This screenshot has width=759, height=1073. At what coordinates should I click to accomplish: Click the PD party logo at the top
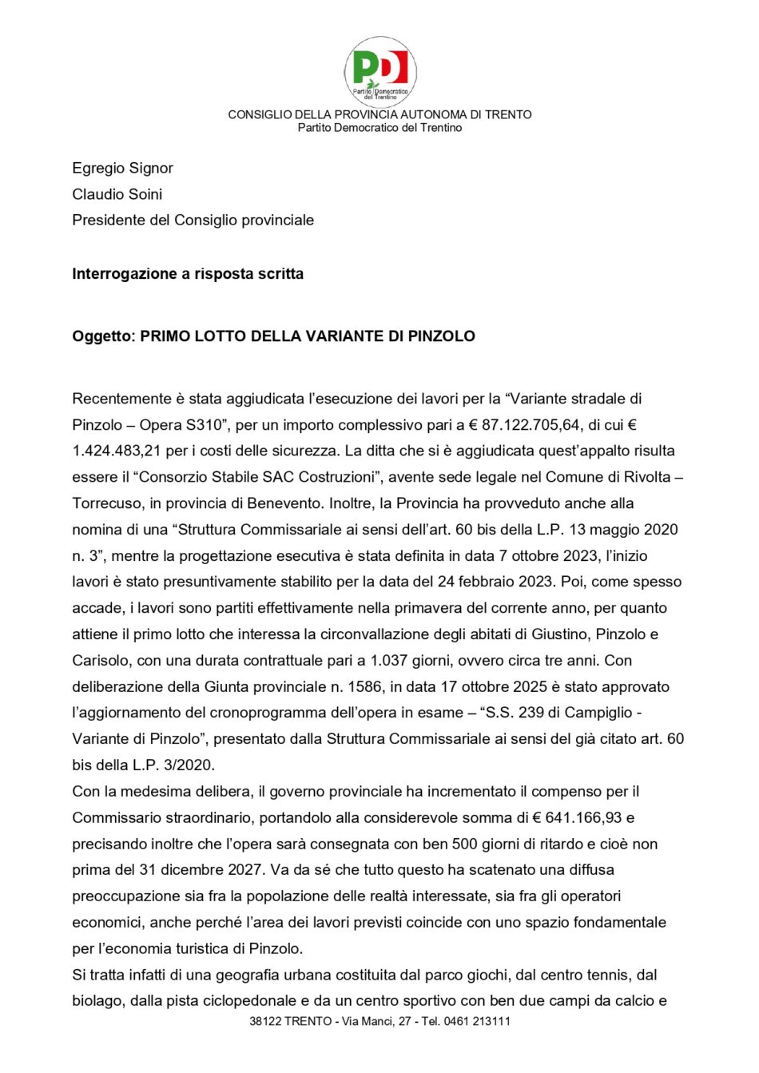coord(380,71)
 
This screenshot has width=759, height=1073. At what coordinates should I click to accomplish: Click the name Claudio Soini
coord(117,194)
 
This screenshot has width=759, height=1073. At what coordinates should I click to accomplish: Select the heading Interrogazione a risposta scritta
coord(188,274)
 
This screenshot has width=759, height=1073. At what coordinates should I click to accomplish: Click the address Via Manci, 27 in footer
coord(377,1021)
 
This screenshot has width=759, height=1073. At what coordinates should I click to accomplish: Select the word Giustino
coord(545,634)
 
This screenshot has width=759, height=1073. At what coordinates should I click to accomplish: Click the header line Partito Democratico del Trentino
coord(379,128)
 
